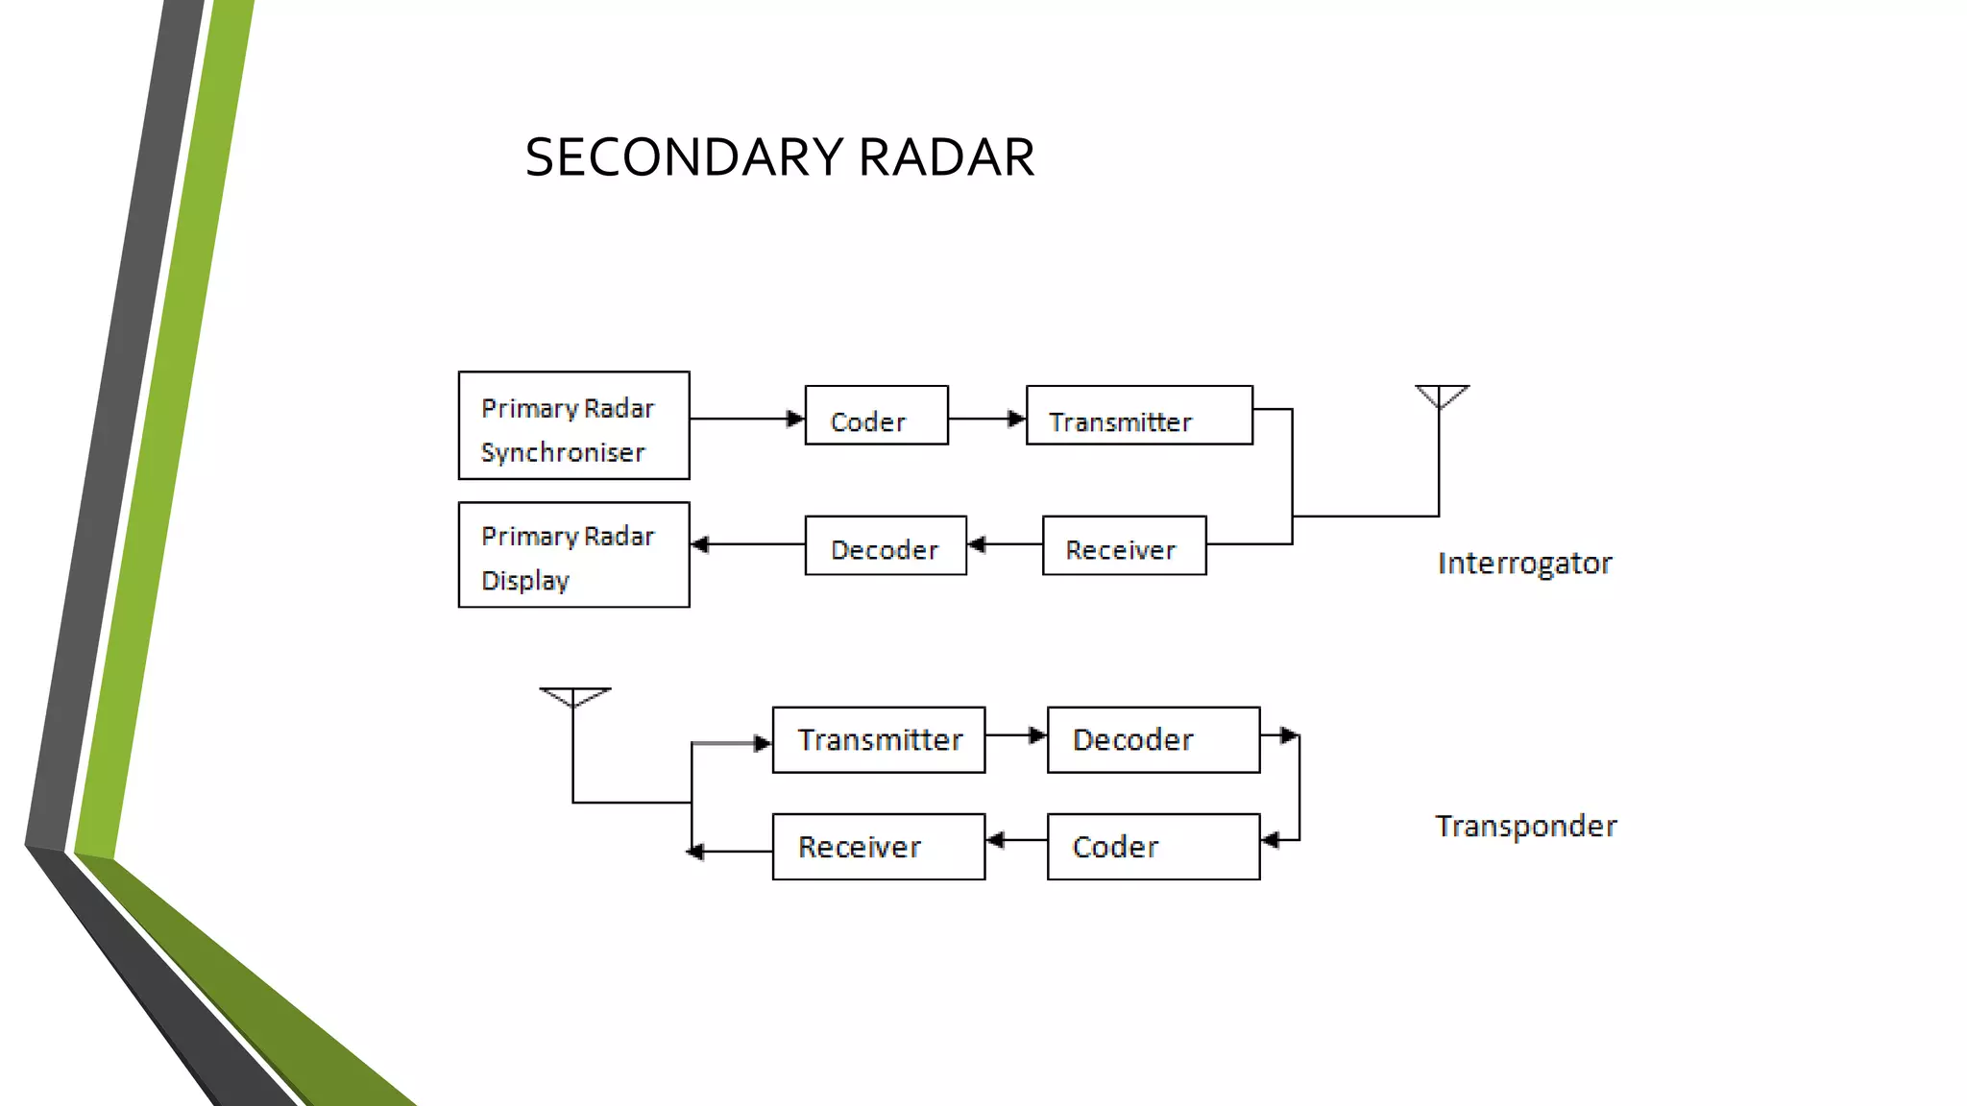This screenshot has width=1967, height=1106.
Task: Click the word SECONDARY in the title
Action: point(684,157)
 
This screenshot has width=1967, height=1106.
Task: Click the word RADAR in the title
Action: point(946,157)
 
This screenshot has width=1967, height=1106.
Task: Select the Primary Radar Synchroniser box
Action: point(573,425)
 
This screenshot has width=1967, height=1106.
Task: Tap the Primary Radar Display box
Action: point(573,555)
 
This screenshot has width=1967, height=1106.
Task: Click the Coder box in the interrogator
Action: point(876,416)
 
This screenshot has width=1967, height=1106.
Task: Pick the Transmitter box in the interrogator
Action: point(1139,416)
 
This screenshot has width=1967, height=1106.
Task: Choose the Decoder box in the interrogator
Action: point(886,546)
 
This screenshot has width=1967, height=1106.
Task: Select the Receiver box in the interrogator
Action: point(1124,546)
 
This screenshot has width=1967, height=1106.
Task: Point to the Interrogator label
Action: point(1524,564)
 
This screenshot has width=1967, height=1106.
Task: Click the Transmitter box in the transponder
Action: point(878,740)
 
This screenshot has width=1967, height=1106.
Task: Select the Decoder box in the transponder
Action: point(1153,740)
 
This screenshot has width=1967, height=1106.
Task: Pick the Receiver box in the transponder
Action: point(878,847)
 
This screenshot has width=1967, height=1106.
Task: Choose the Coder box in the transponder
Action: point(1153,847)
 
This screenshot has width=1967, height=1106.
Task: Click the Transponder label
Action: point(1525,827)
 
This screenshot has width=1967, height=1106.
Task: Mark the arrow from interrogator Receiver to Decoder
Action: point(1005,544)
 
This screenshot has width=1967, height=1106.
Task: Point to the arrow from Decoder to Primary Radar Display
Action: point(747,544)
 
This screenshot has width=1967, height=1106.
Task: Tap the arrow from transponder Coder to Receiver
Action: point(1016,840)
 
